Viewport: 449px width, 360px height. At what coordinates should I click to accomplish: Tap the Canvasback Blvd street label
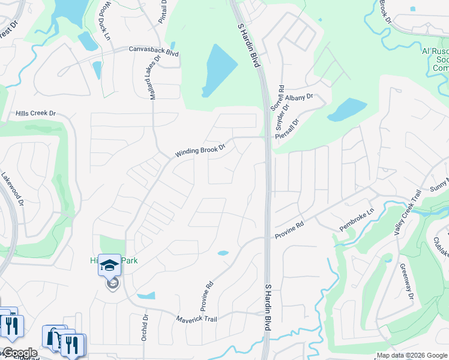point(154,52)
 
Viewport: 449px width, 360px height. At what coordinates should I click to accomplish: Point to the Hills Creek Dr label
point(35,113)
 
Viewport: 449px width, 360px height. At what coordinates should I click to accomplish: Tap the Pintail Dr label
point(163,13)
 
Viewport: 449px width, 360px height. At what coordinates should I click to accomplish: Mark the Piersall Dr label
point(287,128)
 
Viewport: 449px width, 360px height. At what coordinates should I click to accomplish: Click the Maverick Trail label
point(196,319)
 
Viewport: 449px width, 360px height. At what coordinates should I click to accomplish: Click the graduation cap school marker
point(110,265)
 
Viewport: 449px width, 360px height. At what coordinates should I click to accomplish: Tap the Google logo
point(19,353)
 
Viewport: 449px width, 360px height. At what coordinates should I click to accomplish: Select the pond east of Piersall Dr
point(346,110)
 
